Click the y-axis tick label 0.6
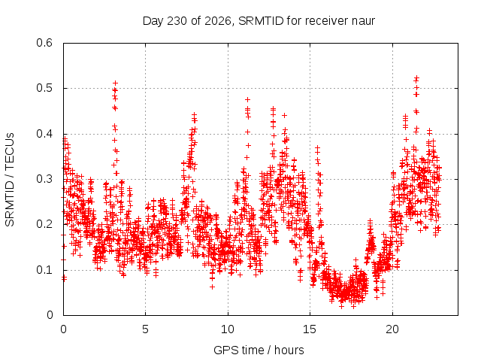[44, 43]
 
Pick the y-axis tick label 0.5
[44, 88]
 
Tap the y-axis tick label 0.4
[44, 134]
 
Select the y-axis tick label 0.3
[44, 179]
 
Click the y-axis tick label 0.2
[44, 224]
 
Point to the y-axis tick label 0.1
[44, 270]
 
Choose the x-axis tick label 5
[145, 329]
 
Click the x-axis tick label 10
[227, 329]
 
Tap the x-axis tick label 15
[310, 329]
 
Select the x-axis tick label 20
[392, 329]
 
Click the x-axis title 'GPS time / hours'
[259, 350]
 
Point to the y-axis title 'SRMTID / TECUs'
[10, 180]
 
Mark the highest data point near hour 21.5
[416, 78]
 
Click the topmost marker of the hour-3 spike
[115, 83]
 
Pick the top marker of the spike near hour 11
[247, 99]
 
